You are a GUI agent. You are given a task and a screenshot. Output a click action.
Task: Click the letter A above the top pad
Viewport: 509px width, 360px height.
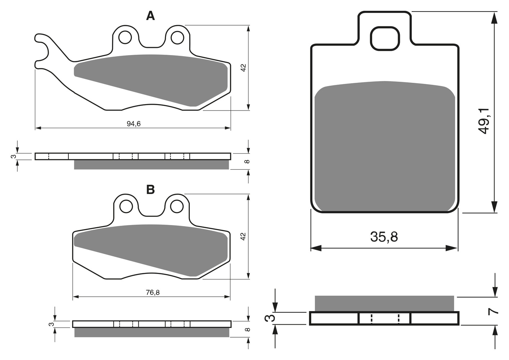[151, 16]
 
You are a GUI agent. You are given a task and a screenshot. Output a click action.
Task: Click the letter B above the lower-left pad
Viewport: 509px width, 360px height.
[151, 189]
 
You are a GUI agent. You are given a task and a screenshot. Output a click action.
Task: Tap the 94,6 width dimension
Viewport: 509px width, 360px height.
[134, 123]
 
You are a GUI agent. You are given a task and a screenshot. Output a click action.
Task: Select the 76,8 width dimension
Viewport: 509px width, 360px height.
[153, 292]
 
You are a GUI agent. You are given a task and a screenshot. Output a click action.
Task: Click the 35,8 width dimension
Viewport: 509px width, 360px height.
[384, 237]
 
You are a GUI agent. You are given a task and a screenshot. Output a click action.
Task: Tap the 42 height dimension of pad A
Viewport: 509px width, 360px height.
[244, 68]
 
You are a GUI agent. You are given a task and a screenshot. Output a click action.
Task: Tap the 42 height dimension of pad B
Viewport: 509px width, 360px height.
[244, 236]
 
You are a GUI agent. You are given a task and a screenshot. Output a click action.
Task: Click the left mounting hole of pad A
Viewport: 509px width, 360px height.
[125, 37]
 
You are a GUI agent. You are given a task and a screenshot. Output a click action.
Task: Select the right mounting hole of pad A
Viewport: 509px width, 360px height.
[177, 37]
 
